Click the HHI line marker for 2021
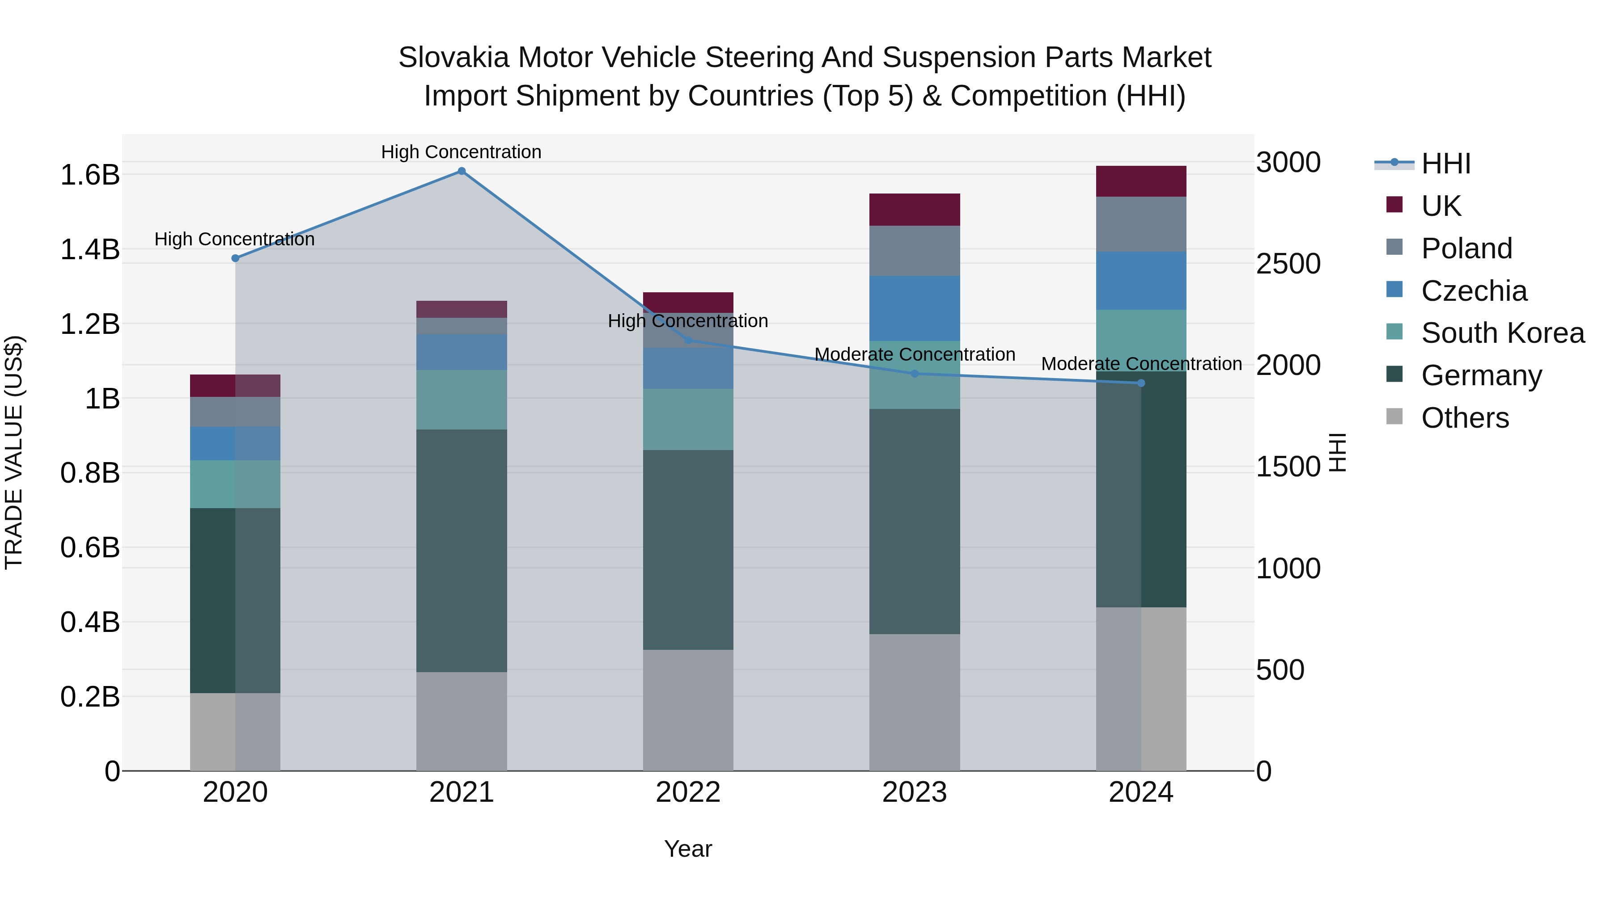click(461, 171)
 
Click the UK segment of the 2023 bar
click(915, 210)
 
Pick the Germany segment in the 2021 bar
click(461, 550)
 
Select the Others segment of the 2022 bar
click(688, 710)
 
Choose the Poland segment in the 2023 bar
click(915, 250)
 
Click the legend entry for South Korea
click(1503, 333)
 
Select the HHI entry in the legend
click(1445, 164)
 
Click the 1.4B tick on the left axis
click(90, 250)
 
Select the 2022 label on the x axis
click(688, 792)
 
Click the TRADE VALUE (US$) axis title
click(14, 452)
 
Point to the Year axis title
click(688, 849)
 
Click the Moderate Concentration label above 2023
click(915, 354)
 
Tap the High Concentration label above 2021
click(461, 152)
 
